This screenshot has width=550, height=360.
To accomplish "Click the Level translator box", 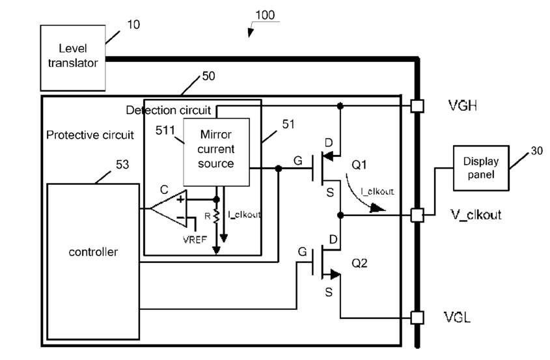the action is pos(73,58).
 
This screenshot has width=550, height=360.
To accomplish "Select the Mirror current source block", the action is pos(217,152).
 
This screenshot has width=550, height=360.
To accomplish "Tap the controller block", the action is pos(93,262).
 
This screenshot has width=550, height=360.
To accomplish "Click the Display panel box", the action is pos(481,168).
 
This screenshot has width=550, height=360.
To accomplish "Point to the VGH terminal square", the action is pos(417,106).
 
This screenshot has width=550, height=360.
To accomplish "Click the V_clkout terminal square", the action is pos(417,215).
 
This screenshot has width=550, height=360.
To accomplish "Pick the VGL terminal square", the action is pos(417,318).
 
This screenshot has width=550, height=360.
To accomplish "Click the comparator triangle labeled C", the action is pos(169,209).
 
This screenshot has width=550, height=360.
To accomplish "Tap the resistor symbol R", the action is pos(217,216).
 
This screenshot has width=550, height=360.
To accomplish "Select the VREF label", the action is pos(195,240).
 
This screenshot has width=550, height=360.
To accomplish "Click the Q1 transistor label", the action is pos(359,165).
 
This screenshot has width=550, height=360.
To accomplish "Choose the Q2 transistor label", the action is pos(359,263).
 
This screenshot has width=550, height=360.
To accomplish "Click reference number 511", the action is pos(165,131).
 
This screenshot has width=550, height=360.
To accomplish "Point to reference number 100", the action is pos(265,15).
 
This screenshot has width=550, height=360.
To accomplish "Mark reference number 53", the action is pos(122,165).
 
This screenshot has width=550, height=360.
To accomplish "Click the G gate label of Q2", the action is pos(303,251).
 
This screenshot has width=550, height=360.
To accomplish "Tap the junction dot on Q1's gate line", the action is pos(279,169).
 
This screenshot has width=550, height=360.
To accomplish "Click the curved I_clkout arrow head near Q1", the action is pos(378,208).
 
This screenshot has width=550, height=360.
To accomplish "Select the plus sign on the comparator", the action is pos(180,200).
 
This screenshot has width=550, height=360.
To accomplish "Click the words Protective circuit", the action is pos(90,135).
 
